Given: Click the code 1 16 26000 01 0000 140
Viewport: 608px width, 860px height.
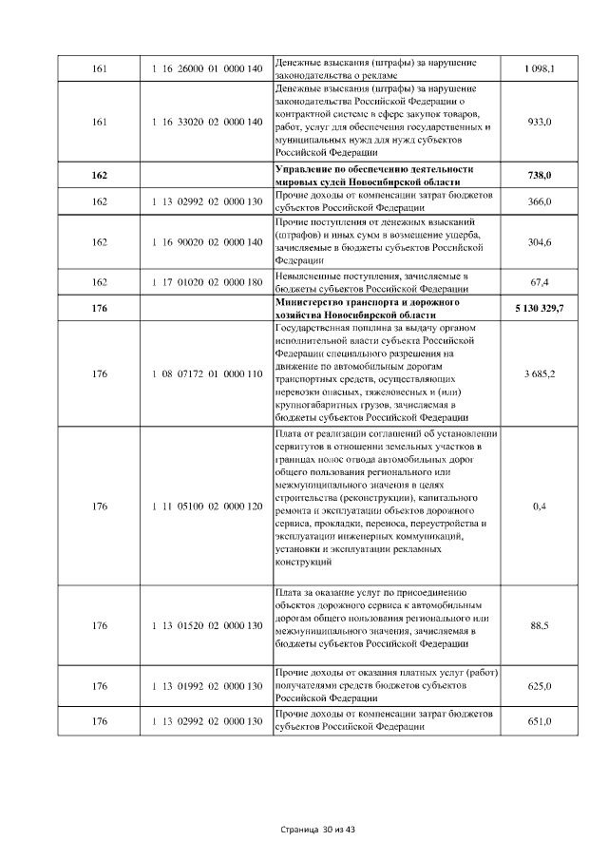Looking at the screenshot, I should point(206,69).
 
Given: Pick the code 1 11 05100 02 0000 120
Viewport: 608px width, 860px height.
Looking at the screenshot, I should point(206,506).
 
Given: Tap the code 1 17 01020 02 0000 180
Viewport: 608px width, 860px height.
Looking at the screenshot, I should point(206,282).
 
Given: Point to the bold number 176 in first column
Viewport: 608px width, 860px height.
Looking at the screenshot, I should point(100,309).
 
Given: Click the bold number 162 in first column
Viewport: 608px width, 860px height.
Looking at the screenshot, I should point(100,176).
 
